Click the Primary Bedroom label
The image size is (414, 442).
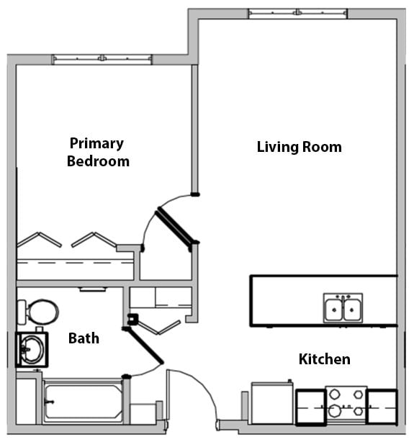pyautogui.click(x=98, y=153)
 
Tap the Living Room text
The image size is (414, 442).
pyautogui.click(x=299, y=147)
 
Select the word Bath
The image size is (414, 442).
pyautogui.click(x=84, y=338)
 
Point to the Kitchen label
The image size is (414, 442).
pyautogui.click(x=325, y=358)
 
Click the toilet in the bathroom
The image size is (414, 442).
pyautogui.click(x=39, y=312)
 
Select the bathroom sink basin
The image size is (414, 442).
pyautogui.click(x=31, y=349)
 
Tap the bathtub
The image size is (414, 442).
pyautogui.click(x=83, y=401)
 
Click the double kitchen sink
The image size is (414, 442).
pyautogui.click(x=343, y=309)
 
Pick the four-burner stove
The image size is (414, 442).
pyautogui.click(x=346, y=404)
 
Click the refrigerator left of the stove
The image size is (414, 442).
pyautogui.click(x=272, y=404)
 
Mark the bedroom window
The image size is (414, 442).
pyautogui.click(x=102, y=59)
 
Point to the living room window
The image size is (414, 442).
pyautogui.click(x=297, y=14)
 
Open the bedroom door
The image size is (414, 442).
pyautogui.click(x=175, y=225)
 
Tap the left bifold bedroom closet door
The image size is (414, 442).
pyautogui.click(x=39, y=239)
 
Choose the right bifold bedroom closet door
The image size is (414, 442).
pyautogui.click(x=94, y=239)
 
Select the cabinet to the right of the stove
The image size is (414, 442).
pyautogui.click(x=382, y=406)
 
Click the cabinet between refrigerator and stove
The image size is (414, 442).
pyautogui.click(x=310, y=406)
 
